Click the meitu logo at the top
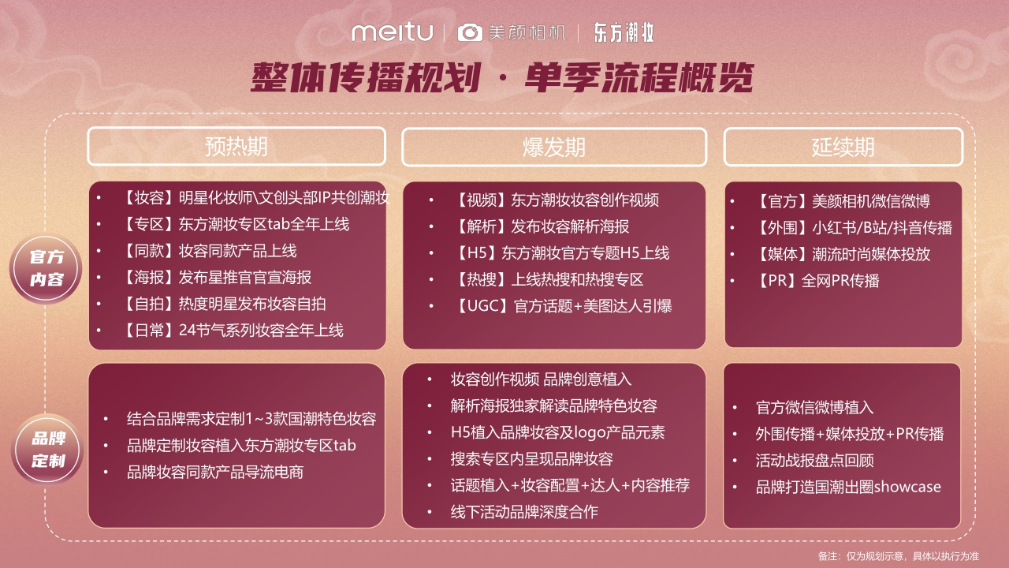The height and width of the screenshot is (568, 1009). coord(392,32)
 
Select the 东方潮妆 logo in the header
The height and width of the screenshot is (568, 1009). coord(624,32)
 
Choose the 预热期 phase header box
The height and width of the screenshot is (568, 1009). coord(236,147)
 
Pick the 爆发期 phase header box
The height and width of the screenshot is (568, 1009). coord(554,148)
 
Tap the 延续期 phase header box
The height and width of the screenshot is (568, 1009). coord(843,148)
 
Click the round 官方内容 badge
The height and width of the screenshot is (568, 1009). coord(47,269)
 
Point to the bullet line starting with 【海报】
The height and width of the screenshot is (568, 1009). coord(217,277)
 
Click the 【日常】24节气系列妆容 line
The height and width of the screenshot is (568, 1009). coord(233,330)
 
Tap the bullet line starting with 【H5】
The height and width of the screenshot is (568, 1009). coord(562,253)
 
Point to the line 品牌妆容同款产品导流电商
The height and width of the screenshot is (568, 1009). coord(215,472)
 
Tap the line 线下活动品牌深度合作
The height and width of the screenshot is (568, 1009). coord(524,511)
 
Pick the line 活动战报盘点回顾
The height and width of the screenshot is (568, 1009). coord(814,460)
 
